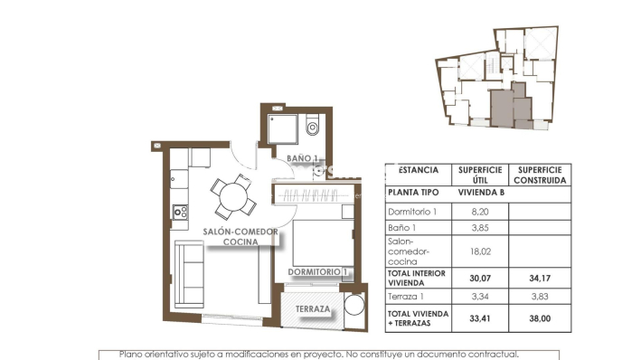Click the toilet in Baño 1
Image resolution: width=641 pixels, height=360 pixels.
(x=312, y=127)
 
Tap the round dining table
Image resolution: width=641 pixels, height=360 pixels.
(x=231, y=194)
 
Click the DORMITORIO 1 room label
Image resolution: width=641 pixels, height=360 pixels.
(x=318, y=271)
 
